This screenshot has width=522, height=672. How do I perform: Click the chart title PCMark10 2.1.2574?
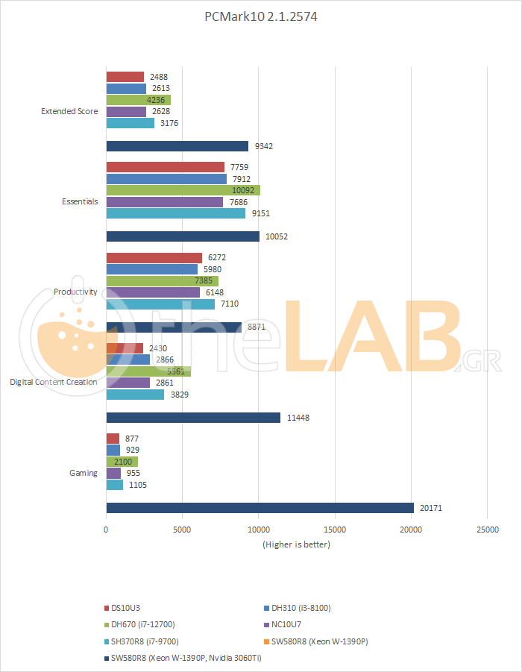coord(260,16)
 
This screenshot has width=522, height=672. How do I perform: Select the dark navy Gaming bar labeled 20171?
coord(260,508)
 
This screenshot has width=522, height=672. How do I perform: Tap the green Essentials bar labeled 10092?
coord(183,190)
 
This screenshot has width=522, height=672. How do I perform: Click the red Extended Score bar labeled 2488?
coord(125,77)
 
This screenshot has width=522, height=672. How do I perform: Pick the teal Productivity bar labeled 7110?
coord(160,304)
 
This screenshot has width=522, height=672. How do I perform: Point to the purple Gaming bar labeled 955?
coord(113,473)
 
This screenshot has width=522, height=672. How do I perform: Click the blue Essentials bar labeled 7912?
coord(166,179)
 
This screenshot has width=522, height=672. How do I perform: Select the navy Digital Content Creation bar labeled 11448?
coord(193,418)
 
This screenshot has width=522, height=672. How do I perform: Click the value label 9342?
coord(264,146)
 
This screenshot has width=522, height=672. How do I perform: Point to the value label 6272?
coord(217,258)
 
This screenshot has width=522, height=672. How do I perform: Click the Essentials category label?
coord(79,201)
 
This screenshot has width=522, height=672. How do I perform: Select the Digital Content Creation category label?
coord(54,382)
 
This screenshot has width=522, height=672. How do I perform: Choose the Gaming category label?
coord(83,473)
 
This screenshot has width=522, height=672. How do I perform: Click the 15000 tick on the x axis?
coord(334,529)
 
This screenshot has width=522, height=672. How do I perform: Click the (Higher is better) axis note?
coord(296,544)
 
